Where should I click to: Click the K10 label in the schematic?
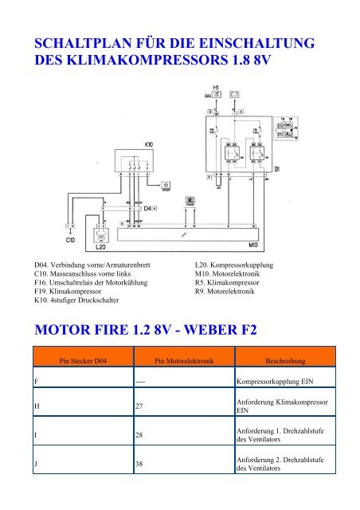[150, 143]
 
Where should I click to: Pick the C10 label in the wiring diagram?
[70, 238]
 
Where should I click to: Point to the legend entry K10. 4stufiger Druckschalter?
[82, 303]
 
